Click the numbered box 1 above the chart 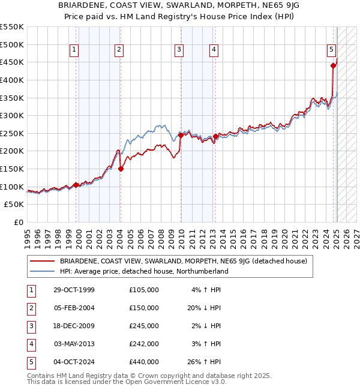pyautogui.click(x=74, y=50)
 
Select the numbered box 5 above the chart pyautogui.click(x=331, y=50)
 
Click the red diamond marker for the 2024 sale pyautogui.click(x=333, y=66)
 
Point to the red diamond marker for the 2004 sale pyautogui.click(x=121, y=169)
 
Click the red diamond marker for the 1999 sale pyautogui.click(x=76, y=185)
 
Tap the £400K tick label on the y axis pyautogui.click(x=12, y=80)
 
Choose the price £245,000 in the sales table pyautogui.click(x=144, y=326)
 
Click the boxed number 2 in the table pyautogui.click(x=31, y=308)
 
